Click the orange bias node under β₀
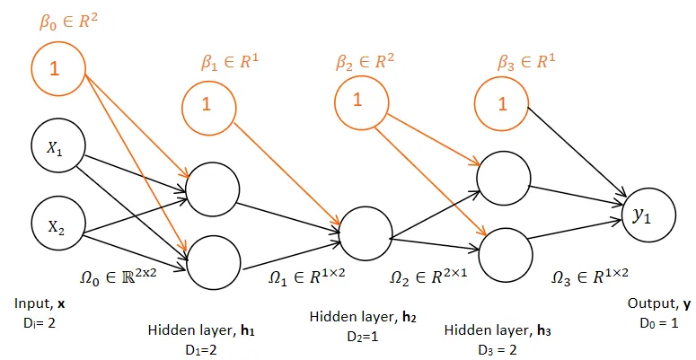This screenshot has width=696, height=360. tap(58, 67)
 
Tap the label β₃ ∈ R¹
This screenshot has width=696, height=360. tap(527, 62)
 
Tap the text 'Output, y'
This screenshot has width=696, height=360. tap(658, 304)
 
